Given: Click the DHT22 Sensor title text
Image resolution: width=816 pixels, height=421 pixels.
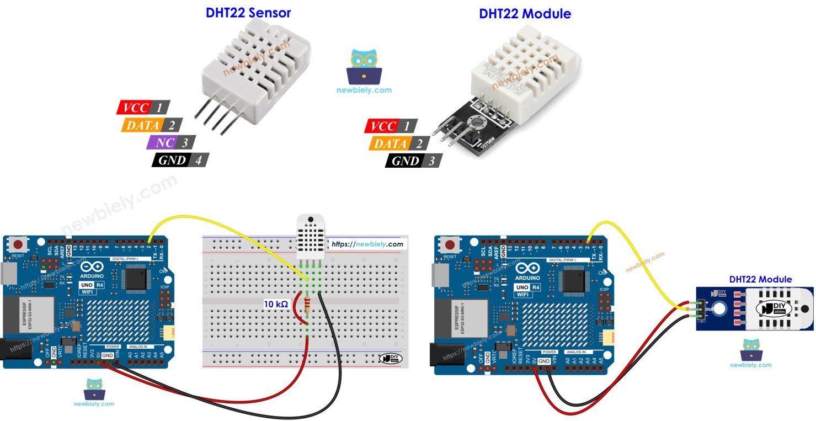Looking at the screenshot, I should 248,13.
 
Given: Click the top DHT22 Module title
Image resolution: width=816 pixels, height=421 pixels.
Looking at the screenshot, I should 525,14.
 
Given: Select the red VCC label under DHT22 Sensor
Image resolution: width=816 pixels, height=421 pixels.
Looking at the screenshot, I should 136,107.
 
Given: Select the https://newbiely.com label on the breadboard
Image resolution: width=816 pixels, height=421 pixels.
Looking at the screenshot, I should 367,244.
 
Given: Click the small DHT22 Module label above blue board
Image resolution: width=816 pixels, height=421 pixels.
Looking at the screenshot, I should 760,280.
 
